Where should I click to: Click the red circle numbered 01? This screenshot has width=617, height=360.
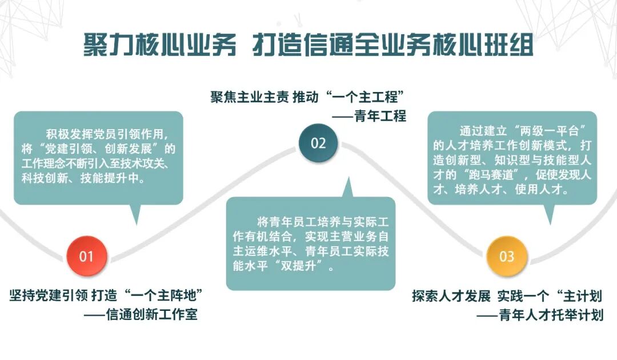pyautogui.click(x=86, y=256)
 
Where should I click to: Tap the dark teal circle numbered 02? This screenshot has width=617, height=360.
pyautogui.click(x=318, y=143)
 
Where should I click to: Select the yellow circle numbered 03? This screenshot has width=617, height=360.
pyautogui.click(x=506, y=256)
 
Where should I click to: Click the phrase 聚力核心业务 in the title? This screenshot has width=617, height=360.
pyautogui.click(x=159, y=45)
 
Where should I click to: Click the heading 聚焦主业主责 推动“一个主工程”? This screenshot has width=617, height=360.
pyautogui.click(x=308, y=95)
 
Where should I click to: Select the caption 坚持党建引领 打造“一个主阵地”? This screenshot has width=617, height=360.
pyautogui.click(x=107, y=295)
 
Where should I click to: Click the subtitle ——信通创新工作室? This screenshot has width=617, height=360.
pyautogui.click(x=140, y=315)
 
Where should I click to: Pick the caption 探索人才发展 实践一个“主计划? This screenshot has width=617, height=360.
pyautogui.click(x=507, y=295)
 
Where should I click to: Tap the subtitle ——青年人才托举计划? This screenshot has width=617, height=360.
pyautogui.click(x=540, y=315)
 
